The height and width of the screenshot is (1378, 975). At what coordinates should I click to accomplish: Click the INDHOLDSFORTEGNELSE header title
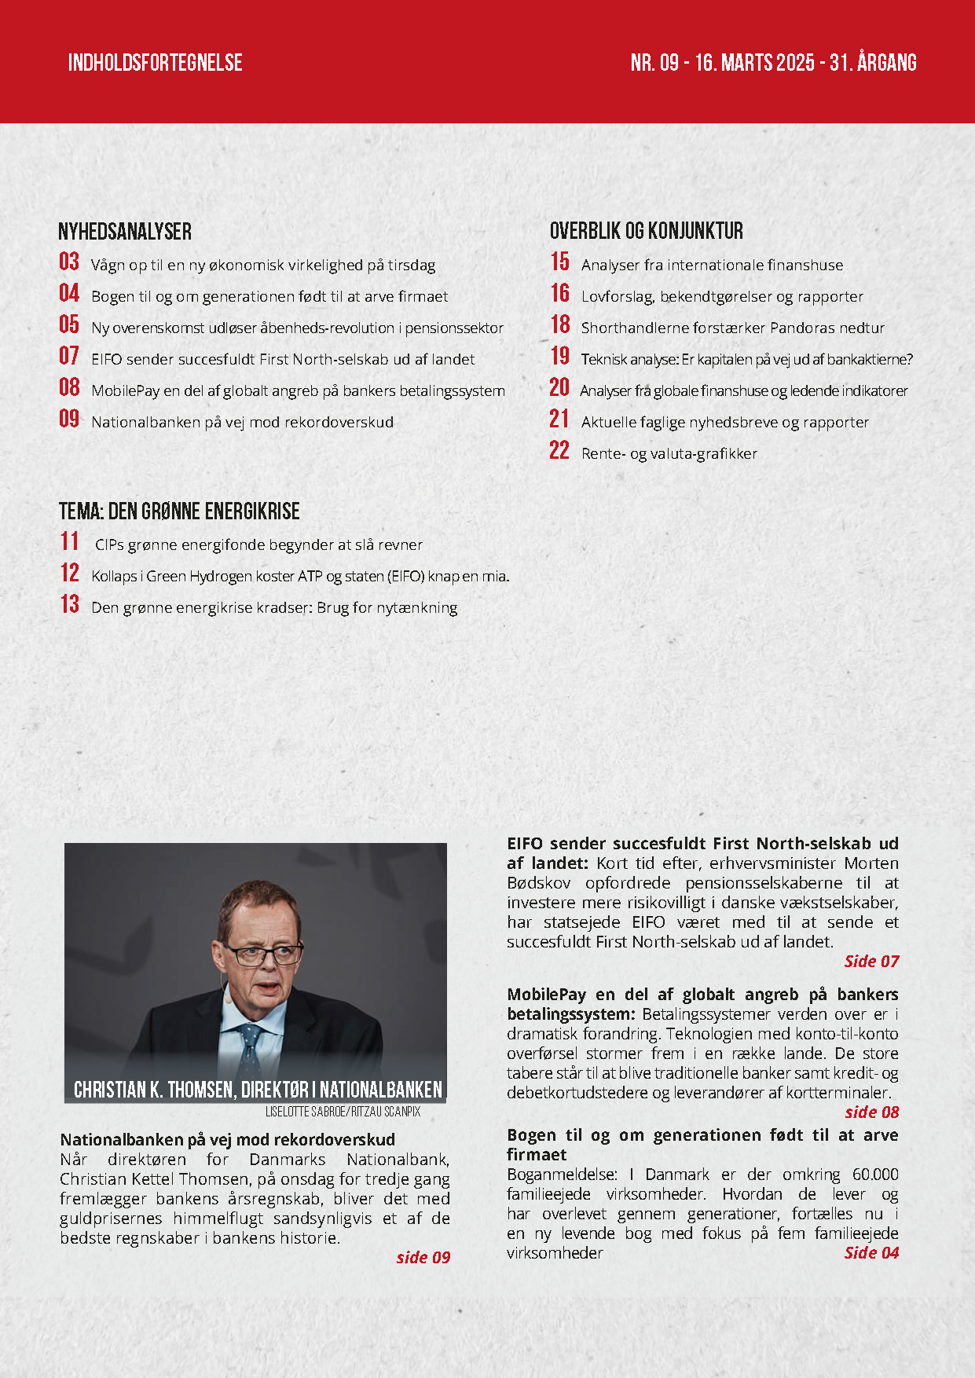coord(155,63)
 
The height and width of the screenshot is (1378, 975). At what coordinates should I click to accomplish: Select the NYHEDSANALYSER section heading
coord(125,232)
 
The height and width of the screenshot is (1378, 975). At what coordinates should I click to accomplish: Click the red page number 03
coord(69,262)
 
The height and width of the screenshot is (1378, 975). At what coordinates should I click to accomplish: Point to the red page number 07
coord(69,356)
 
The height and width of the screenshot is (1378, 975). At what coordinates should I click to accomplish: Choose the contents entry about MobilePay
coord(298,390)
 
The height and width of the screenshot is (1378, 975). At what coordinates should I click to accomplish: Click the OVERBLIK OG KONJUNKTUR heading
coord(646,231)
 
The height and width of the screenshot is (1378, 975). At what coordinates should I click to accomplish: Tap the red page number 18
coord(560,324)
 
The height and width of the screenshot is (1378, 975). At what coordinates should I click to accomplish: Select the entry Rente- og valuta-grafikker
coord(669,453)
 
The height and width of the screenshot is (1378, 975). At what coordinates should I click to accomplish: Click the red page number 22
coord(559,450)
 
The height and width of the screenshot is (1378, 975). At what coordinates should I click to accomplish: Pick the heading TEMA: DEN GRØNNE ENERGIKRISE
coord(179,511)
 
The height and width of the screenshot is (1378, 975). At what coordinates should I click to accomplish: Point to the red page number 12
coord(70,573)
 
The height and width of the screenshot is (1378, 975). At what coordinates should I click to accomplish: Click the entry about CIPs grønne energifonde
coord(258,544)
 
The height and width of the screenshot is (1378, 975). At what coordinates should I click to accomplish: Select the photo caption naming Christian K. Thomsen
coord(258,1090)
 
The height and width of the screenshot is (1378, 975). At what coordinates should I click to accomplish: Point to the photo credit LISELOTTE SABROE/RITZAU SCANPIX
coord(343,1112)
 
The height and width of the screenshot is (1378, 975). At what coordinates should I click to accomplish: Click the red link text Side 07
coord(871,961)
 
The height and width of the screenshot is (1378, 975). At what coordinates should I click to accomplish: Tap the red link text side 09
coord(423,1257)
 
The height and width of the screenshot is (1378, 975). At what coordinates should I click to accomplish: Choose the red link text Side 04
coord(871,1252)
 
